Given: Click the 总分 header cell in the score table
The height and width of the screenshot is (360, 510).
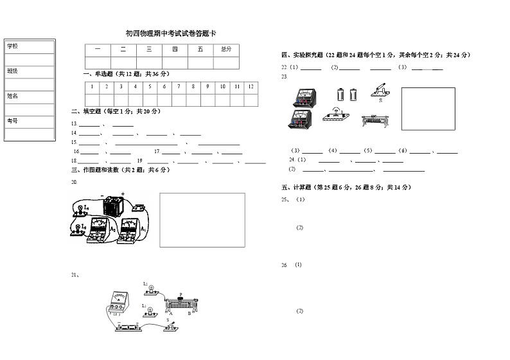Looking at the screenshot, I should [226, 50].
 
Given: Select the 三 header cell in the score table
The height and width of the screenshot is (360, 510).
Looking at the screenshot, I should [149, 50].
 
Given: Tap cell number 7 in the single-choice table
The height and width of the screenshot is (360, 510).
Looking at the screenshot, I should [179, 86].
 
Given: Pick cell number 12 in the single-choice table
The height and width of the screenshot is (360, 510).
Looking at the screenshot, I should [251, 86].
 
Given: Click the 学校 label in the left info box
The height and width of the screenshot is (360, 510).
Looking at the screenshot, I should [13, 46].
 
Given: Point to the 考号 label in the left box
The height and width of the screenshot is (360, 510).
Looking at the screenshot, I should [13, 121].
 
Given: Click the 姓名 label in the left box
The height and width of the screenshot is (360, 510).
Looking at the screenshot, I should [13, 96].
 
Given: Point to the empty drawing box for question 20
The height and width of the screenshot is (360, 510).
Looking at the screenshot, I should [202, 220].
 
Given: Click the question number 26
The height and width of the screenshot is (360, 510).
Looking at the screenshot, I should [284, 265].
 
